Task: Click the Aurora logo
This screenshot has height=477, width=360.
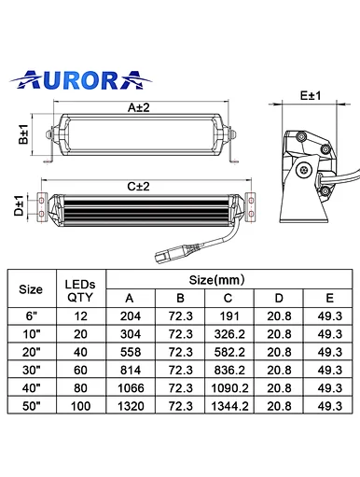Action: click(80, 80)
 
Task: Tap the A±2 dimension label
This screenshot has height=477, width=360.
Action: click(139, 107)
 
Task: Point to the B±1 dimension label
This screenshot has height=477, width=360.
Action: click(23, 134)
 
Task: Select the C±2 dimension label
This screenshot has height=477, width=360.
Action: click(138, 187)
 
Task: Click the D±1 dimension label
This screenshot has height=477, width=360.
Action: click(19, 205)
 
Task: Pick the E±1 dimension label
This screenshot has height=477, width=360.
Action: click(311, 95)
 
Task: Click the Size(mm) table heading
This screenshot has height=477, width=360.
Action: click(216, 280)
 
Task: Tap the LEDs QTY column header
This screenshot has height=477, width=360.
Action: click(80, 291)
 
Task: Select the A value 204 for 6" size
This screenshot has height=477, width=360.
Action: click(131, 316)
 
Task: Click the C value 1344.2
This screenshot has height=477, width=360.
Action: click(229, 406)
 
